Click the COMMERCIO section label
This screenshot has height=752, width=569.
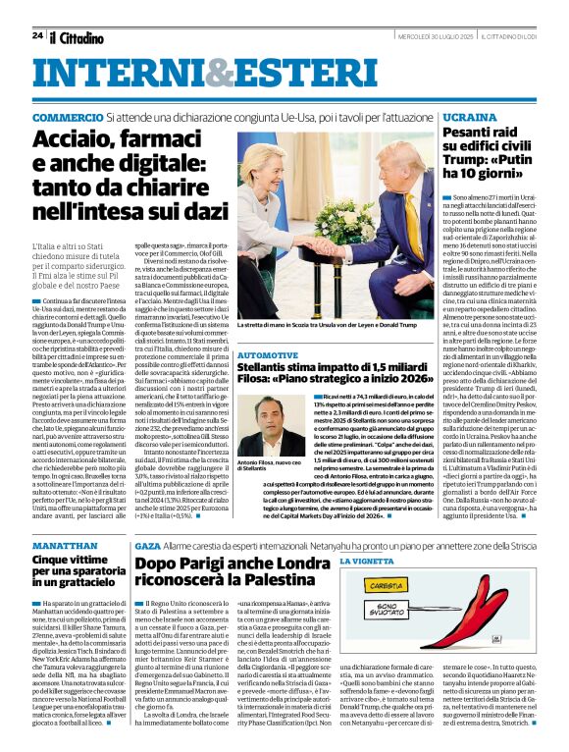point(68,117)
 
